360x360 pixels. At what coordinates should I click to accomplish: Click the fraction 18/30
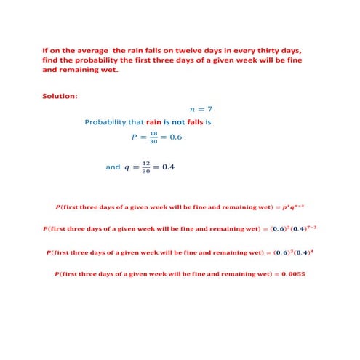[153, 138]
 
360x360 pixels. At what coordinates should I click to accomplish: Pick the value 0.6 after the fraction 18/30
[176, 137]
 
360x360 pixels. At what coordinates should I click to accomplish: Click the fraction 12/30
[146, 167]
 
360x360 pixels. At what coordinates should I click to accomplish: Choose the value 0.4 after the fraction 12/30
[168, 167]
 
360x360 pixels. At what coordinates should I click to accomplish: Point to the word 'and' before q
[113, 167]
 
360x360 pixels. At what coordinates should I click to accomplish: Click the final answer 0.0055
[295, 274]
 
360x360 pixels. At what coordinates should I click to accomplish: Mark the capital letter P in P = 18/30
[134, 137]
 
